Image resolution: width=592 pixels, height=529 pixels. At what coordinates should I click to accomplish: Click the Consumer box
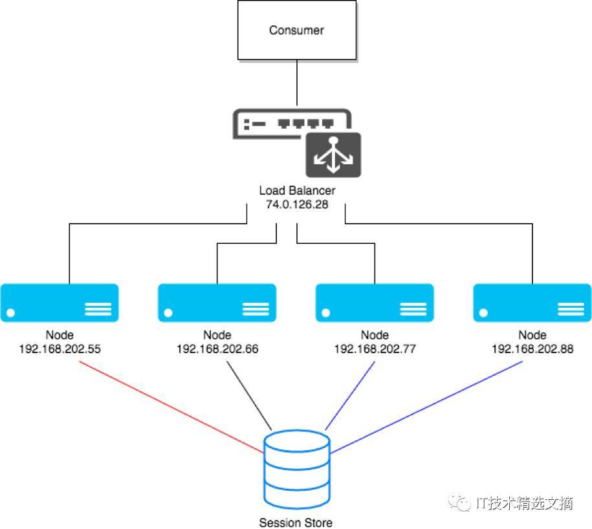click(297, 30)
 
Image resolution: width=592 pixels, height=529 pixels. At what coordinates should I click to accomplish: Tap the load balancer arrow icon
click(333, 155)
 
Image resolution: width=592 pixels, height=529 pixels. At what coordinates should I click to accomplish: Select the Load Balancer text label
click(297, 190)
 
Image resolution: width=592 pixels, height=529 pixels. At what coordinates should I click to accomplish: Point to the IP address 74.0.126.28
click(297, 204)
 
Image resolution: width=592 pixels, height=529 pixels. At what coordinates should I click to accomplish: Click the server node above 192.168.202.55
click(60, 303)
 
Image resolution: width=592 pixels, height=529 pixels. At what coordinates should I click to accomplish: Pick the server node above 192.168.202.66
click(217, 303)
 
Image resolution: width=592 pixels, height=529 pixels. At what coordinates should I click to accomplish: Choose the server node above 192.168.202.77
click(375, 303)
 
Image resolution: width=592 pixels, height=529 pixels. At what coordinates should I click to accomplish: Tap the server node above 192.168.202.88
click(532, 303)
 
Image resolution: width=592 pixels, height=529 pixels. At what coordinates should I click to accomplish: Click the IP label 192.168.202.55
click(60, 349)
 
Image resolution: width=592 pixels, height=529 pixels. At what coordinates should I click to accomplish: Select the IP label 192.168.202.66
click(217, 349)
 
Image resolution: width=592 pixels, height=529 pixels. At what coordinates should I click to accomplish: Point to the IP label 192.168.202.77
click(375, 349)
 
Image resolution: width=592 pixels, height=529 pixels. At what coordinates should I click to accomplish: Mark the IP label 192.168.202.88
click(532, 349)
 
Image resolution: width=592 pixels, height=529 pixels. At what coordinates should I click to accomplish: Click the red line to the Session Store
click(171, 407)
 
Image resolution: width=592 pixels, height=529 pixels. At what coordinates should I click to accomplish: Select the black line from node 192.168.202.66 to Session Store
click(249, 395)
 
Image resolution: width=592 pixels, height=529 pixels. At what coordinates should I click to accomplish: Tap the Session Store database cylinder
click(297, 469)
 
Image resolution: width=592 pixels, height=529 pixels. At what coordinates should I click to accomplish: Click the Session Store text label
click(296, 523)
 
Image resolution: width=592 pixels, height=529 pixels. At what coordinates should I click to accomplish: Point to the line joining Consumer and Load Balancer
click(297, 83)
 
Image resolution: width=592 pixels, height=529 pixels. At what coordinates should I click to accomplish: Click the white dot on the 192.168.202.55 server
click(10, 313)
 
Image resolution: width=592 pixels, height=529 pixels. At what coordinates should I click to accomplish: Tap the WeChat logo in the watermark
click(459, 502)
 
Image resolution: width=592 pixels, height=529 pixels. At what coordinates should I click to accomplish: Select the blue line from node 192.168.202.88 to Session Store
click(426, 407)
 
